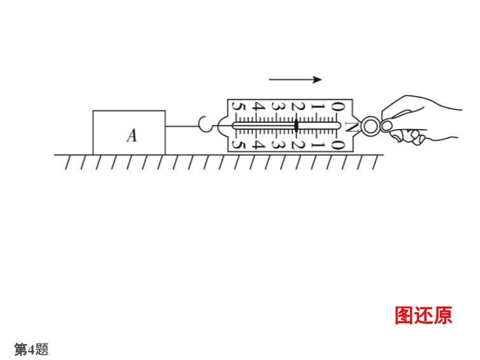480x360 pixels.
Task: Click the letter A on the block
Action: (132, 135)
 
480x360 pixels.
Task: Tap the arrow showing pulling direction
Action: (296, 80)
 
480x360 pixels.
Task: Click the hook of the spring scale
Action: (207, 125)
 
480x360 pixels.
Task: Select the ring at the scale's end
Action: (371, 126)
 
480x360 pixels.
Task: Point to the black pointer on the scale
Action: (296, 126)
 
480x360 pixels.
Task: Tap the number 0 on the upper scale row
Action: (338, 107)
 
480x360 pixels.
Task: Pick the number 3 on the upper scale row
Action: (278, 107)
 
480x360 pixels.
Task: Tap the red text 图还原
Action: (423, 315)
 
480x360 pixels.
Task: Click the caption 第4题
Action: (31, 349)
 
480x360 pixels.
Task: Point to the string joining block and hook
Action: (182, 126)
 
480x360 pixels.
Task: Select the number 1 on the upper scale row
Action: (317, 107)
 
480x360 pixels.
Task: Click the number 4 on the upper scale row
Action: (258, 107)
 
